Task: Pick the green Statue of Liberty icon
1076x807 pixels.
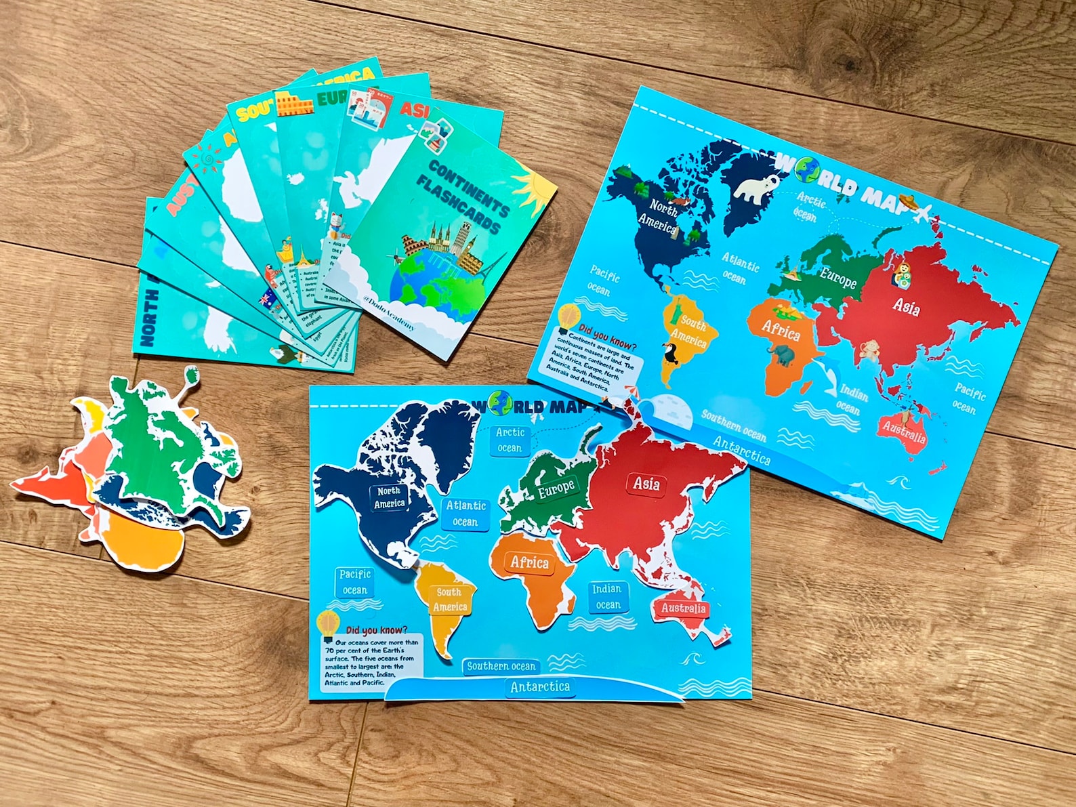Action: click(x=676, y=309)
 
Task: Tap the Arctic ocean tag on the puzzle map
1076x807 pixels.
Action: click(x=510, y=440)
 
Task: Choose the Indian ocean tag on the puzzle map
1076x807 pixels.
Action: click(x=607, y=596)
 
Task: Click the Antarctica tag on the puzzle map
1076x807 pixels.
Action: click(x=540, y=687)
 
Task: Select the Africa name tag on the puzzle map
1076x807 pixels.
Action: click(x=529, y=562)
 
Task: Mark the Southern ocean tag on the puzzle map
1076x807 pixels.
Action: click(x=501, y=666)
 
